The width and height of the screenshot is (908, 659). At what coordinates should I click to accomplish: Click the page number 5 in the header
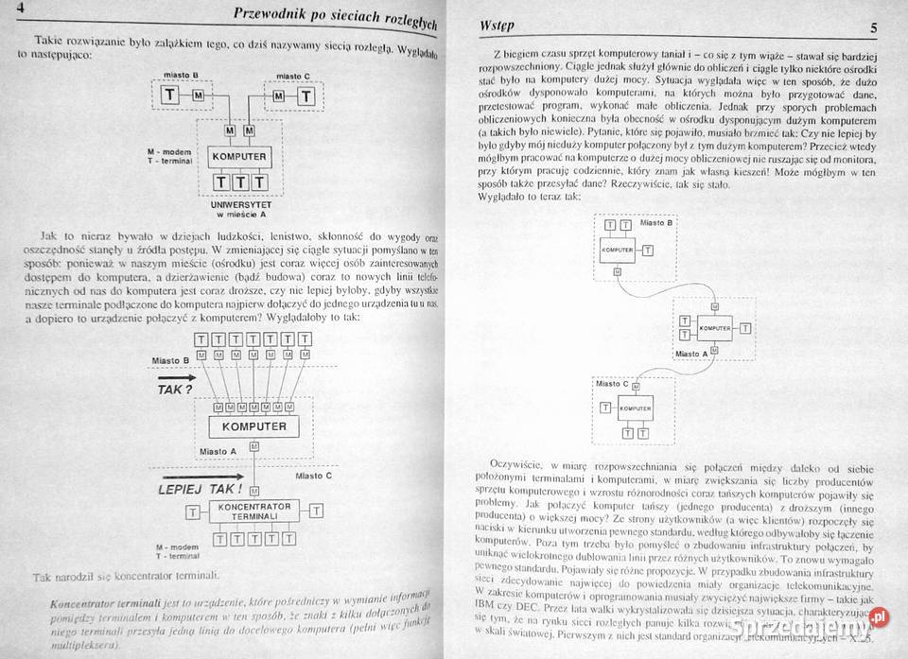[873, 27]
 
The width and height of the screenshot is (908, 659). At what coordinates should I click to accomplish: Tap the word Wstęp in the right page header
[498, 26]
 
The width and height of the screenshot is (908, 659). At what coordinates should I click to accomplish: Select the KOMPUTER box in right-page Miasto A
[715, 327]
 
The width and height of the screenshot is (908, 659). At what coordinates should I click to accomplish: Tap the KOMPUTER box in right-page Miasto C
[635, 408]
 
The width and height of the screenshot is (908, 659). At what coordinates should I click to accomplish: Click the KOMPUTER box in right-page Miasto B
[617, 249]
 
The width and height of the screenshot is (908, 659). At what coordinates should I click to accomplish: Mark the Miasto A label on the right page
[690, 353]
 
